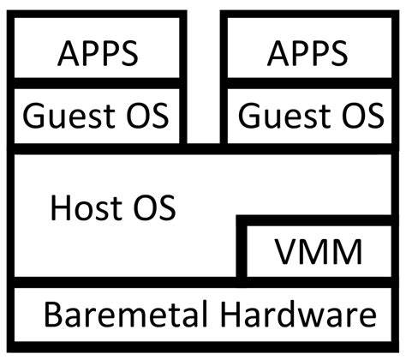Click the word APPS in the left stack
(x=97, y=53)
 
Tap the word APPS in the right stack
(x=308, y=53)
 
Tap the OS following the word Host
(x=155, y=207)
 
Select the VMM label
(x=319, y=253)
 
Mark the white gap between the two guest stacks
(x=203, y=77)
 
